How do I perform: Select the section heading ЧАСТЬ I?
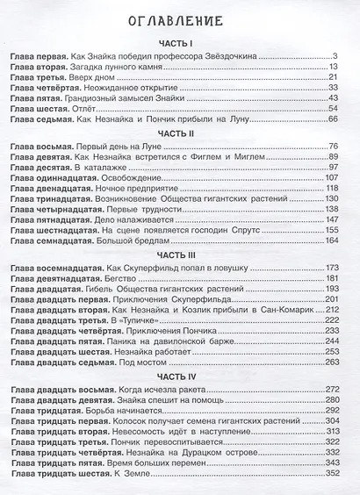(180, 42)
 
